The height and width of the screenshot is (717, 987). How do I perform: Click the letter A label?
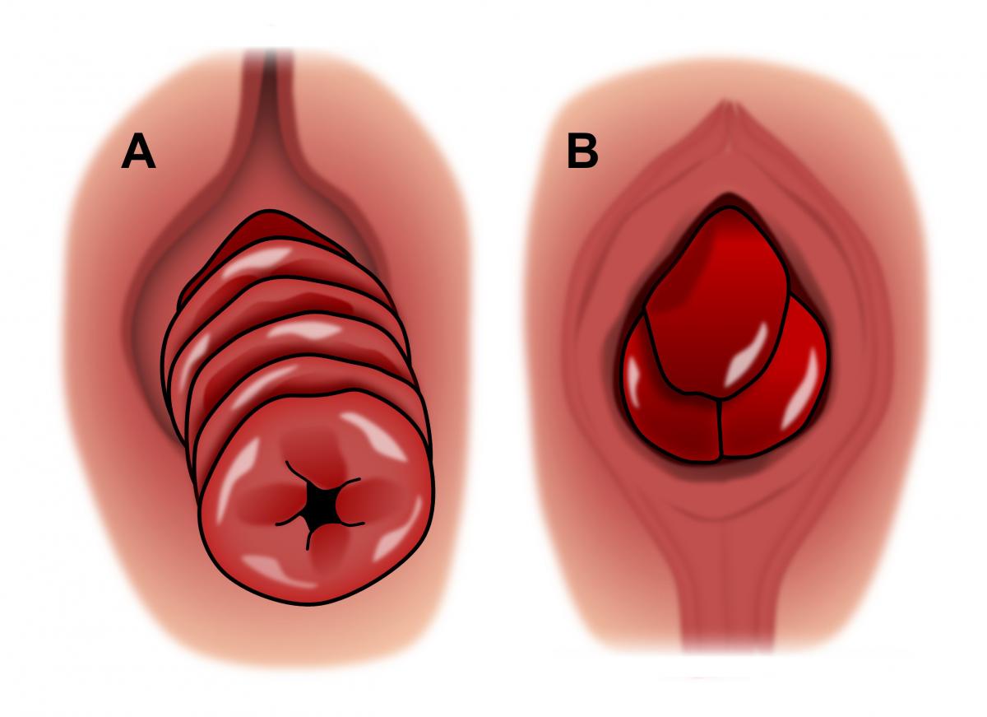(x=138, y=151)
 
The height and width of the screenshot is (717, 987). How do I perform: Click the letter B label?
(x=582, y=151)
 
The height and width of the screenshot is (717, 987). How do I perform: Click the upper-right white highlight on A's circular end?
(x=373, y=435)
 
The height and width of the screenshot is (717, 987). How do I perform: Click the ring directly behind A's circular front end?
(x=264, y=388)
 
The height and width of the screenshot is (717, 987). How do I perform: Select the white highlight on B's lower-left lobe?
(x=633, y=381)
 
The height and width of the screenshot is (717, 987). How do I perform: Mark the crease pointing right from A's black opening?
(x=349, y=483)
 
